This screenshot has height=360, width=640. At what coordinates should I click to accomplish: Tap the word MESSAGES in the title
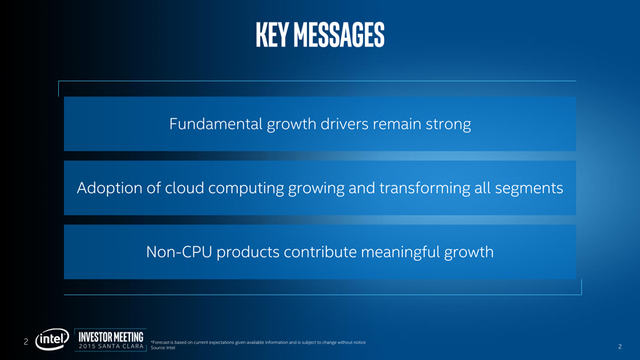(x=339, y=35)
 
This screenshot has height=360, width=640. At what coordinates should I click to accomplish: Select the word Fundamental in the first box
(x=215, y=124)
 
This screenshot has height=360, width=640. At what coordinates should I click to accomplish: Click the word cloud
(x=184, y=188)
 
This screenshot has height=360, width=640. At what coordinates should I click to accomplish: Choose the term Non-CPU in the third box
(x=179, y=252)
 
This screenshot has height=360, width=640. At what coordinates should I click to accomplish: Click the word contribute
(x=321, y=252)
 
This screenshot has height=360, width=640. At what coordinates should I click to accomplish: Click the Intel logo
(x=52, y=339)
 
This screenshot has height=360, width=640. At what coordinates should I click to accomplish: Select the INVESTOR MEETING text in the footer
(x=111, y=337)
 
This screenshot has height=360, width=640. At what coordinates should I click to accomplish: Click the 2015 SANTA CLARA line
(x=111, y=346)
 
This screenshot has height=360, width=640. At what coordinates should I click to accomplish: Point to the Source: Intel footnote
(x=163, y=348)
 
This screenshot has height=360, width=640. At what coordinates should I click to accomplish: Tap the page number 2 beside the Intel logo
(x=25, y=342)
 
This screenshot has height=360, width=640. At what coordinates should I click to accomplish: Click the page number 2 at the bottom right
(x=620, y=346)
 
